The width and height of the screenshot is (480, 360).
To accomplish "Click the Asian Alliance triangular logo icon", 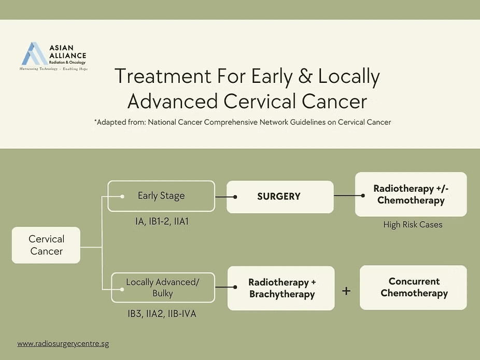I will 34,53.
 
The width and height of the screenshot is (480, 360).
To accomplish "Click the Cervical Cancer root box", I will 46,245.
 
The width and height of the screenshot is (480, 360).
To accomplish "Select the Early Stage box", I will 161,196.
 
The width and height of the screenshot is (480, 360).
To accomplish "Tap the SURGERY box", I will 280,197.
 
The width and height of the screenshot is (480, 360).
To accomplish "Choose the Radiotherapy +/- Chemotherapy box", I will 411,194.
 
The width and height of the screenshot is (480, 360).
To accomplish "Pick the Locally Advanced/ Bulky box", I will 163,287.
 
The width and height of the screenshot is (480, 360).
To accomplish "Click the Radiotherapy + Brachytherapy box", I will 281,289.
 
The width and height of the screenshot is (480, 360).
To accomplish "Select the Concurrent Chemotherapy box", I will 413,287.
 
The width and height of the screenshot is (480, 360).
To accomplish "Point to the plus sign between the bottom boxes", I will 346,291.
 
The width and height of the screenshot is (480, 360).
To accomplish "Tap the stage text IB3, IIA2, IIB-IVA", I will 162,313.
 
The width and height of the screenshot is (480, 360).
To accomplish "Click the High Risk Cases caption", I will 413,225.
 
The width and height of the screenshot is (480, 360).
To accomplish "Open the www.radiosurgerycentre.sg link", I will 63,343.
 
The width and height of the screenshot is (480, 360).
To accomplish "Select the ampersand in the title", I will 306,77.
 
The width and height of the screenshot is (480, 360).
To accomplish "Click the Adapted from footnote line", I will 242,122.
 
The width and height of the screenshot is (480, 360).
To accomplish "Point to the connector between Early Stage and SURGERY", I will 225,197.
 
